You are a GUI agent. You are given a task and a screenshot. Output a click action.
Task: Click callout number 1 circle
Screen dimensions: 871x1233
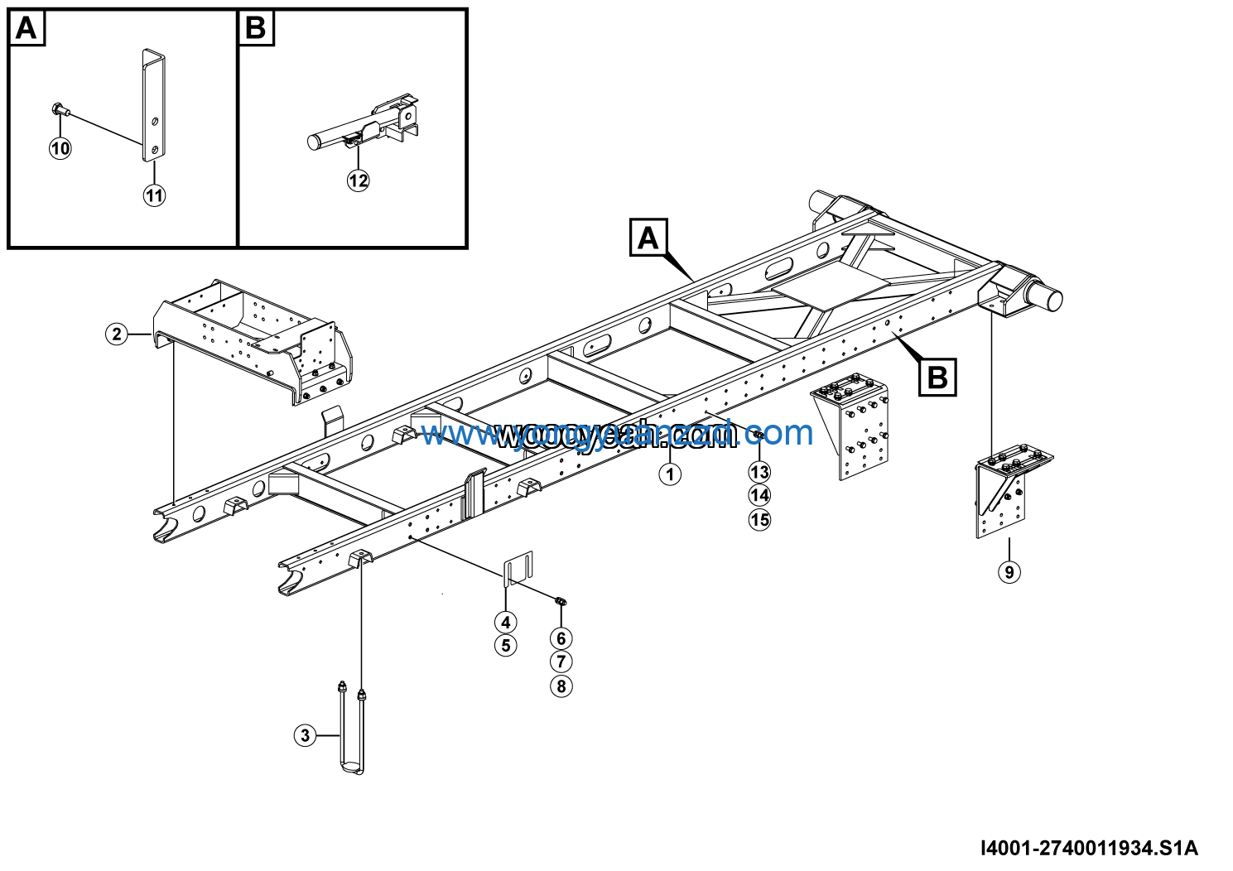pos(670,474)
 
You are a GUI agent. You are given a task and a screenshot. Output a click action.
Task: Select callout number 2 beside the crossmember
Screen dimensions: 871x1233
pos(117,334)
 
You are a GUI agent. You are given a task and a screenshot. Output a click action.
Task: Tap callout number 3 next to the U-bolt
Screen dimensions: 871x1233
pos(306,735)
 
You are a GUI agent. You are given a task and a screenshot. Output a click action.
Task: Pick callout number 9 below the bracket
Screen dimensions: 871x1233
pos(1009,571)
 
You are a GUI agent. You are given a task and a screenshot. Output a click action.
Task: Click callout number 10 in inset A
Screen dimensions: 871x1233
pos(60,148)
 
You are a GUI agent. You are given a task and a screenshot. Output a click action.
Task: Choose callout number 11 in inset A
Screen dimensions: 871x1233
pos(155,195)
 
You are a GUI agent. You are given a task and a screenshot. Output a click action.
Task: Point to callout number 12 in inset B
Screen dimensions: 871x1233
pos(358,180)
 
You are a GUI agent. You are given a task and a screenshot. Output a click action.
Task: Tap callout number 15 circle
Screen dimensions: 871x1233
pos(759,520)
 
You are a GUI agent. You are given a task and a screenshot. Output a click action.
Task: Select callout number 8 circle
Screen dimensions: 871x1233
pos(561,686)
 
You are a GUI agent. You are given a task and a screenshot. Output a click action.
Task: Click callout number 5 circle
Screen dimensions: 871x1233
pos(506,646)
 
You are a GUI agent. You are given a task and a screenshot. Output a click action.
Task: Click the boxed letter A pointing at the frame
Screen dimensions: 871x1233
pos(648,238)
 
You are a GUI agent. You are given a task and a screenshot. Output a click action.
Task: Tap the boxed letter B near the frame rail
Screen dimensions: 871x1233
pos(937,378)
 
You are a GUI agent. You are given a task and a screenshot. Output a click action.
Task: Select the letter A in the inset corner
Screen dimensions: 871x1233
pos(26,29)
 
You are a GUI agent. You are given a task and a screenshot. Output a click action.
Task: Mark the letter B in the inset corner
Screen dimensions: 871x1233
pos(255,29)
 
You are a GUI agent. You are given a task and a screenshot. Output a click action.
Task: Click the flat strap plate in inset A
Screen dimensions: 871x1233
pos(154,103)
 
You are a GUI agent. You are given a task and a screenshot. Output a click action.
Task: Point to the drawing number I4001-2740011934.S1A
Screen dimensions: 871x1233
pos(1088,848)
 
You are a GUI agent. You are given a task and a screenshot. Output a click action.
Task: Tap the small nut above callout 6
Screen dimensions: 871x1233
pos(561,601)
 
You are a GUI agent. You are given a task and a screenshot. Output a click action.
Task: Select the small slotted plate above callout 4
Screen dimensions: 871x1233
pos(518,568)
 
